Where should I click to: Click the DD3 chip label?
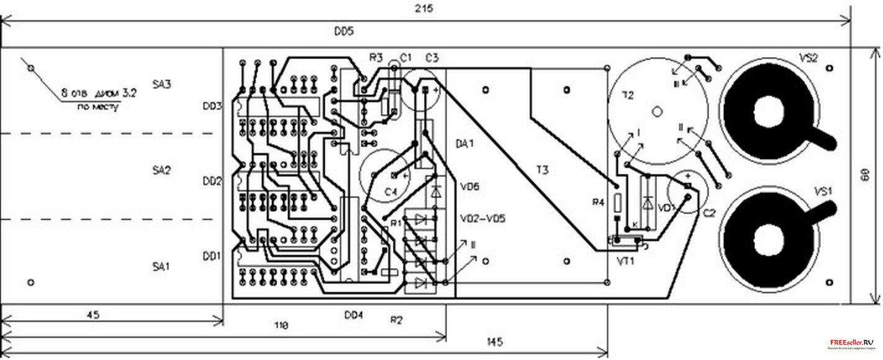(212, 106)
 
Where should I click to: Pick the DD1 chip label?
(212, 256)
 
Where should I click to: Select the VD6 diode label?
(469, 186)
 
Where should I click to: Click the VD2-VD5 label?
(482, 218)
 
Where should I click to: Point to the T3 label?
(542, 170)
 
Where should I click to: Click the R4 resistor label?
(598, 202)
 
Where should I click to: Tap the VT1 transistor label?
(624, 261)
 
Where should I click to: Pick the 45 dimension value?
(92, 315)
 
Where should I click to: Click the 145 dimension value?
(494, 341)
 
